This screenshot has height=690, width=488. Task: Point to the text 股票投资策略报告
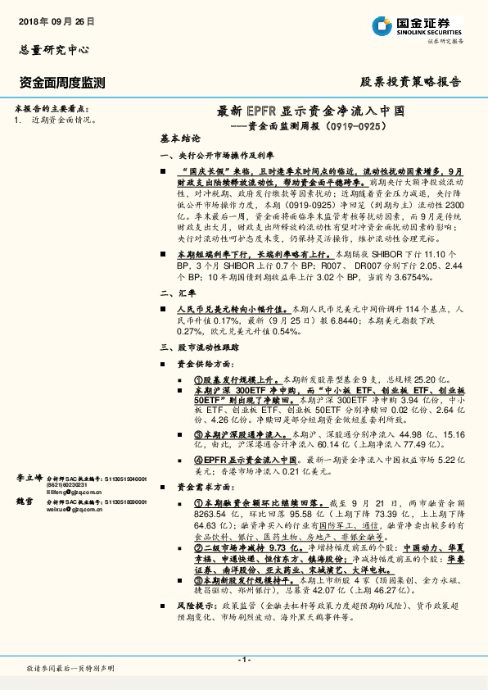click(411, 82)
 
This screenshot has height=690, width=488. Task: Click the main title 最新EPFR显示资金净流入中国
click(310, 111)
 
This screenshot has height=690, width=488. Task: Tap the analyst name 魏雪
click(25, 500)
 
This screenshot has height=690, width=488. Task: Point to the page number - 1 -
click(244, 660)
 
